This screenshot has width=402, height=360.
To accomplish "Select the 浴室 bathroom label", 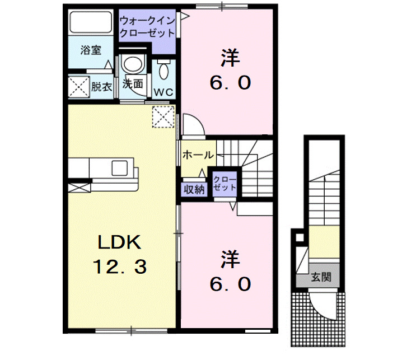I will (90, 50).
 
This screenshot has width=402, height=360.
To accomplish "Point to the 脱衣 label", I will (101, 87).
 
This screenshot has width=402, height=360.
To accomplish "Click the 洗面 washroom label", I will (133, 85).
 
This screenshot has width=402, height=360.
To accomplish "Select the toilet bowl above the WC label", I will (163, 71).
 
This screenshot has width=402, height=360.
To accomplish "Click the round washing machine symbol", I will (133, 64).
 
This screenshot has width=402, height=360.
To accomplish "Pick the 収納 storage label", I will (194, 190).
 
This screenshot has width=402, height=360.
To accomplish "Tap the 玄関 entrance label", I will (322, 277).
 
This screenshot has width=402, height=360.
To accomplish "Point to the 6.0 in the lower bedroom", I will (230, 285).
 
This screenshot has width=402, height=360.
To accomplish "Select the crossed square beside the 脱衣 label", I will (77, 87).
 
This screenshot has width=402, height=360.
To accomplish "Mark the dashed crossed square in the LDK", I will (162, 116).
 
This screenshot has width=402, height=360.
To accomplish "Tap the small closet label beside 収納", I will (225, 183).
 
